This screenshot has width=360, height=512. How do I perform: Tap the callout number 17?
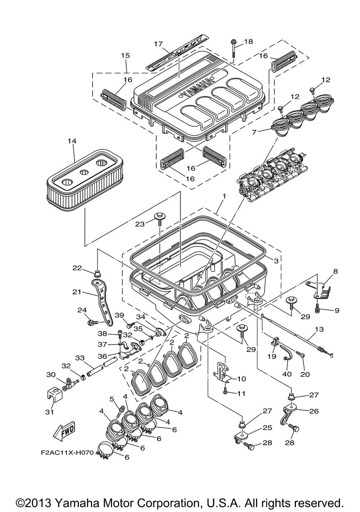click(x=158, y=44)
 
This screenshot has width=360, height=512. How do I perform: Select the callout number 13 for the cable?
click(x=319, y=329)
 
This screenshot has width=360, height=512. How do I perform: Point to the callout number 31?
click(x=50, y=412)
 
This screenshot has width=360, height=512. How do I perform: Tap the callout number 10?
click(x=242, y=379)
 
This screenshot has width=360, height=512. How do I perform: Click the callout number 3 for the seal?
click(x=276, y=261)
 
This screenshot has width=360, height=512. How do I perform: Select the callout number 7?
click(x=254, y=132)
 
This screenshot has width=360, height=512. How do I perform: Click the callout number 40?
click(x=287, y=374)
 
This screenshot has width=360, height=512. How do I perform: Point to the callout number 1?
click(x=224, y=196)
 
